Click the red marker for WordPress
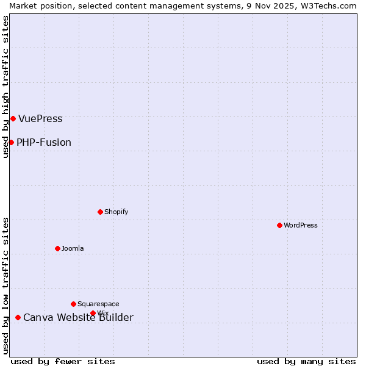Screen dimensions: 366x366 tap(279, 225)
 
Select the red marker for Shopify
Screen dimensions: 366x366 tap(100, 212)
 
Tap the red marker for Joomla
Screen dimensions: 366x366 tap(57, 248)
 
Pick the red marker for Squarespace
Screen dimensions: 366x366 tap(73, 304)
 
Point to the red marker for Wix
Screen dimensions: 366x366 tap(93, 313)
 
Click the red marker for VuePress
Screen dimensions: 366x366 tap(13, 118)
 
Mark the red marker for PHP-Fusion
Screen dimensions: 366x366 tap(11, 142)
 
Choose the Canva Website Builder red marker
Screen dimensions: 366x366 tap(18, 317)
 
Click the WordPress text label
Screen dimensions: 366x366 tap(301, 225)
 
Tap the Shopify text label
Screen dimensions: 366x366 tap(116, 212)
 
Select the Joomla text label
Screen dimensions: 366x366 tap(73, 248)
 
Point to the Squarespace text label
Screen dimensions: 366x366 tap(98, 304)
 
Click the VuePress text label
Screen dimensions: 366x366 tap(40, 119)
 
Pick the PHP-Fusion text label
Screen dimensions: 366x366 tap(44, 143)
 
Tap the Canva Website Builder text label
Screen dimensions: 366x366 tap(78, 318)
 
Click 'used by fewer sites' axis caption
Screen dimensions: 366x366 tap(63, 361)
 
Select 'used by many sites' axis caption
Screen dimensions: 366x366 tap(306, 361)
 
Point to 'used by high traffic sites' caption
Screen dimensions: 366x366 tap(5, 87)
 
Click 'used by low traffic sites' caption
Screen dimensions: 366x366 tap(5, 285)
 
